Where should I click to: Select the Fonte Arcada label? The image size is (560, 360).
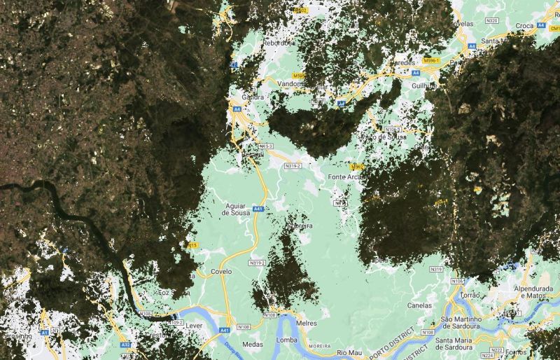tap(344, 177)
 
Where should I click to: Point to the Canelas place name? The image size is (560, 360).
tap(420, 305)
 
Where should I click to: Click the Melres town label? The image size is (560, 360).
tap(307, 323)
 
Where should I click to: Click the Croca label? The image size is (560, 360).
tap(524, 26)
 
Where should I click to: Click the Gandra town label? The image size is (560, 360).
tap(252, 96)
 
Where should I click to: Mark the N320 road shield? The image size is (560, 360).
tap(491, 20)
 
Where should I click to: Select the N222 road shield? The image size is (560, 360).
tap(496, 349)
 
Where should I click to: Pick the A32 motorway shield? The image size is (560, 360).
tap(125, 345)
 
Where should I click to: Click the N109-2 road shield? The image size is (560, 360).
tap(175, 323)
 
